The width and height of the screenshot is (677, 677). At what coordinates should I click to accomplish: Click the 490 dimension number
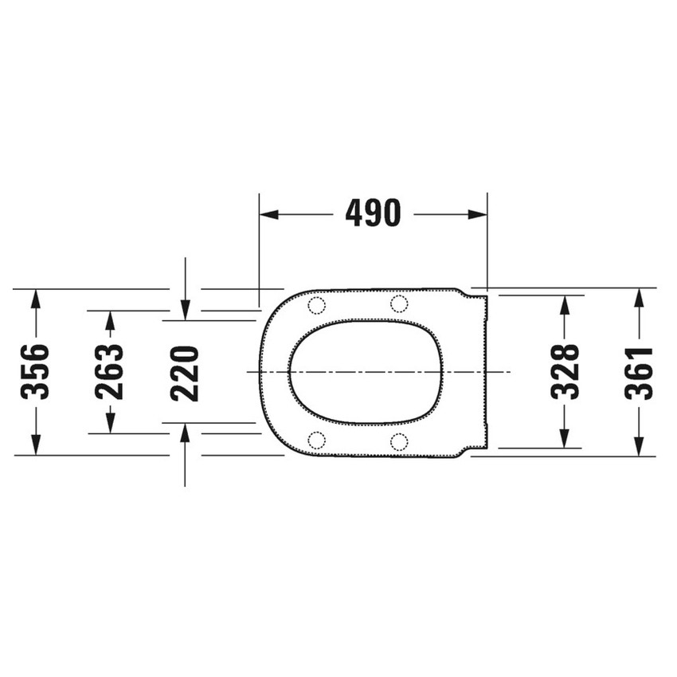373,213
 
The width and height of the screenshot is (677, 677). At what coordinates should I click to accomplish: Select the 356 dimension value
35,372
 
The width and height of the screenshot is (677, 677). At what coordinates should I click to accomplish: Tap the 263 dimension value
110,372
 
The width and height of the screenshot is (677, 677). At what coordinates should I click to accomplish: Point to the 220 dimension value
184,372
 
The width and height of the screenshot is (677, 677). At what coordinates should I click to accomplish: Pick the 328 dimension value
564,372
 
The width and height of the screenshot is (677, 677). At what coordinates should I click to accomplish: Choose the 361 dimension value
638,372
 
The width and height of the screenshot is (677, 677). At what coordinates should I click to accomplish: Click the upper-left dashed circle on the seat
316,304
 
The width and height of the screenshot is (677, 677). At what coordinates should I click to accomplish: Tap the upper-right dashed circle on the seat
399,303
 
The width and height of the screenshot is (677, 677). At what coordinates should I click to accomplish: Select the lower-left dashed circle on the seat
316,440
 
